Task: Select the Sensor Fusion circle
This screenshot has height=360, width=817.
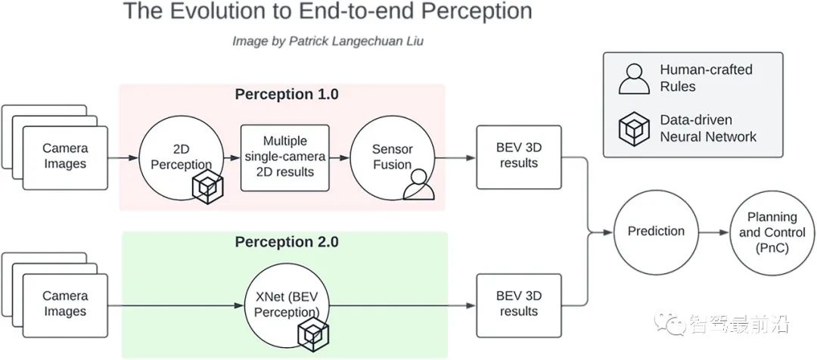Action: (x=391, y=155)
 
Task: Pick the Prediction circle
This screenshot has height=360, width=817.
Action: (x=655, y=231)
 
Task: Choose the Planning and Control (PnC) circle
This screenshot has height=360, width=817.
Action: (x=766, y=231)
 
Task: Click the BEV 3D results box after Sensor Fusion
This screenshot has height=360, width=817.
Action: (x=518, y=157)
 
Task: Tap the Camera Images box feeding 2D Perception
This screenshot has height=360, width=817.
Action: (x=65, y=157)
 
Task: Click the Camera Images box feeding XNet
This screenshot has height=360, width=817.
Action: (x=65, y=304)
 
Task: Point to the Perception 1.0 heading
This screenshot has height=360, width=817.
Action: (x=286, y=95)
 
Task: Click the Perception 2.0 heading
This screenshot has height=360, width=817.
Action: (x=286, y=242)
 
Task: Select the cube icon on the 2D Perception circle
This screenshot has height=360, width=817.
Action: (x=205, y=187)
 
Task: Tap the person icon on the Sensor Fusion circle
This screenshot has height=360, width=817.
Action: (x=418, y=184)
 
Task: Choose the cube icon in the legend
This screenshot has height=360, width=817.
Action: (x=634, y=129)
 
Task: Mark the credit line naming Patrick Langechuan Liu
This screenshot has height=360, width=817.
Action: (x=328, y=42)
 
